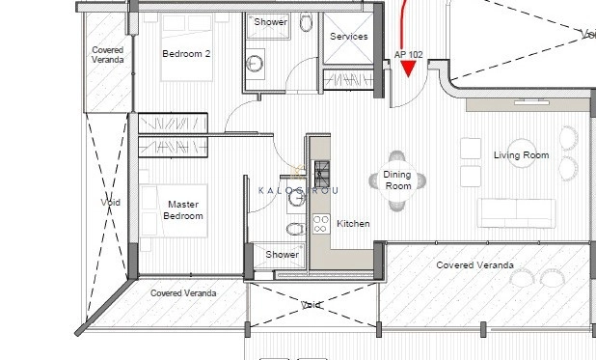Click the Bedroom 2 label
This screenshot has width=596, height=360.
[186, 54]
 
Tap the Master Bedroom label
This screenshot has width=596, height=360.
[183, 210]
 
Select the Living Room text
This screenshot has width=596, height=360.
[521, 155]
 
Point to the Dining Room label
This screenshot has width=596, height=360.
[397, 180]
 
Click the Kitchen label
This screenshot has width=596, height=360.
[353, 224]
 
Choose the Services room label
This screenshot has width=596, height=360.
[348, 37]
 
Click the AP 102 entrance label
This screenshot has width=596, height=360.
[409, 55]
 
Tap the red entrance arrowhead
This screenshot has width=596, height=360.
[408, 69]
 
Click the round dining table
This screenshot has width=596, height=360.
[397, 180]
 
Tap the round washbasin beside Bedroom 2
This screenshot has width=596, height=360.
[257, 64]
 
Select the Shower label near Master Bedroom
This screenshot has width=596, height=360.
[283, 255]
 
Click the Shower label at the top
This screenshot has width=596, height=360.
[269, 20]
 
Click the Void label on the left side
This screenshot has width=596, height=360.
[110, 203]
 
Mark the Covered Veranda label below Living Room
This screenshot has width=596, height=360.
[474, 264]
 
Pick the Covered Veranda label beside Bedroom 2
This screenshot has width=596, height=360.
[107, 54]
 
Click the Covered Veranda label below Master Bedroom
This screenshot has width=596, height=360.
[183, 292]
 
